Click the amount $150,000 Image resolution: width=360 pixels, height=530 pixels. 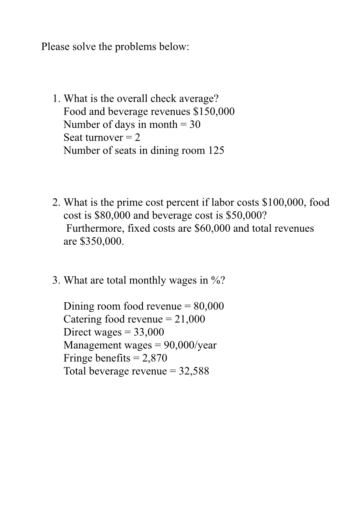tap(214, 111)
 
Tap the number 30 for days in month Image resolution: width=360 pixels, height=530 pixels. tap(195, 124)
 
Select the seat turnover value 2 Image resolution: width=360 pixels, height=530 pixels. tap(137, 138)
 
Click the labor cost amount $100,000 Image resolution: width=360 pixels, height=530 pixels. tap(283, 203)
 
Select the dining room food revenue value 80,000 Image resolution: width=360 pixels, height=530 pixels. tap(209, 306)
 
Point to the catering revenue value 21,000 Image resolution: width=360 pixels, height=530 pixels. tap(190, 319)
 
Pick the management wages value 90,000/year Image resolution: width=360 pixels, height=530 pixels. tap(190, 345)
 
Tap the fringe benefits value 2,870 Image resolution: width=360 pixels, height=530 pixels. tap(155, 358)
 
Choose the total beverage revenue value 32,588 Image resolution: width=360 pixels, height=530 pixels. tap(194, 371)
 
